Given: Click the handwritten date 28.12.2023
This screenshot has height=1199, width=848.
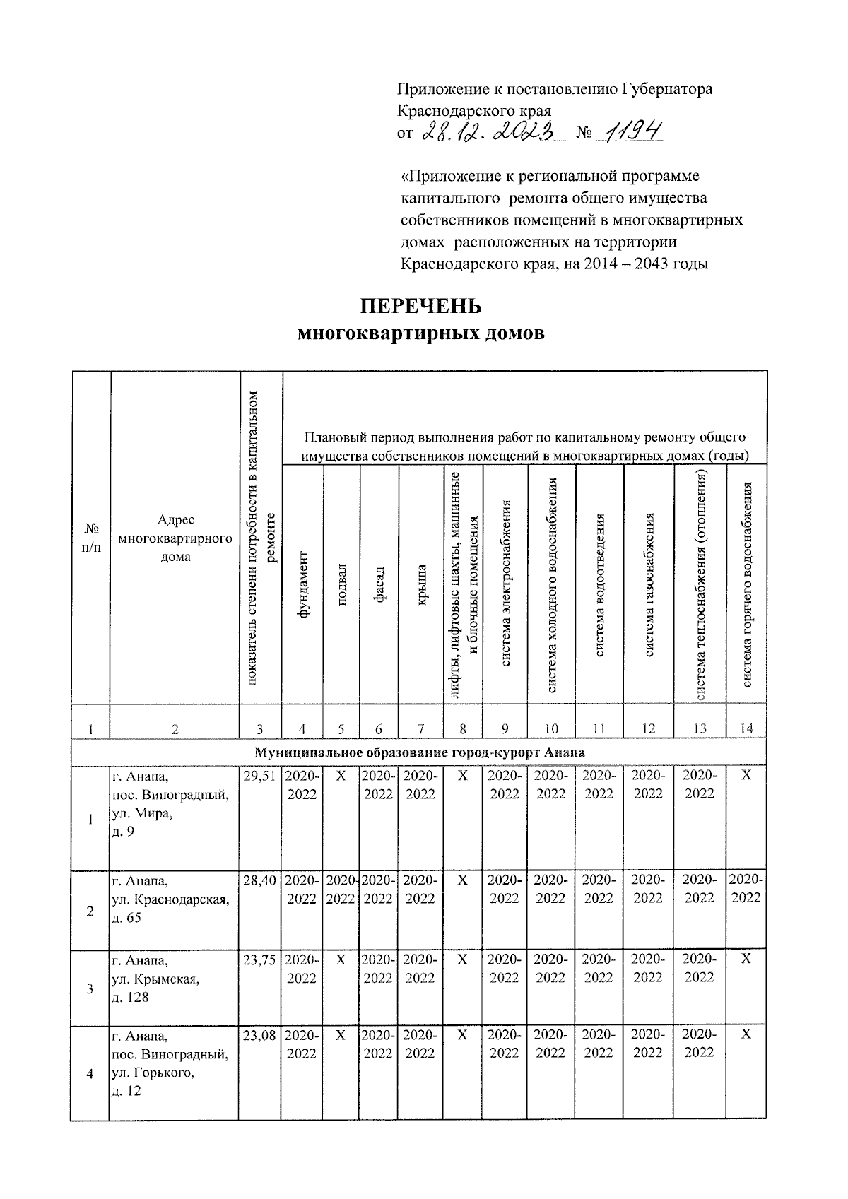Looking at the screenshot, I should [494, 131].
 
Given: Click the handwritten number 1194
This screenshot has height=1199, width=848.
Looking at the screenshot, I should [630, 131].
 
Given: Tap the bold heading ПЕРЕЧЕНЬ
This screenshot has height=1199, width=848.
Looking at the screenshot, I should [421, 307].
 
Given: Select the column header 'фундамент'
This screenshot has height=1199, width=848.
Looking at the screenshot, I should [302, 584].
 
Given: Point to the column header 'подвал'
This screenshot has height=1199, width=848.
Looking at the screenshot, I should [342, 584].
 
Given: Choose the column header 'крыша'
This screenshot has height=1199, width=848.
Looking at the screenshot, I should [420, 584].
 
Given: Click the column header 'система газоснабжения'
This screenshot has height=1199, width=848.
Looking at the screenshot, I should [649, 584].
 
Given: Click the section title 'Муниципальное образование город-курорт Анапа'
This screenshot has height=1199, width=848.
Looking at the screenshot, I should [419, 752].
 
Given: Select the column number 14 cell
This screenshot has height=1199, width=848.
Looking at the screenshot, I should [746, 729].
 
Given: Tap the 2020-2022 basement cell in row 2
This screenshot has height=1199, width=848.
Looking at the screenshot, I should [341, 890].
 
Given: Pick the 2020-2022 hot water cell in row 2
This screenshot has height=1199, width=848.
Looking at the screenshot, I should [746, 889].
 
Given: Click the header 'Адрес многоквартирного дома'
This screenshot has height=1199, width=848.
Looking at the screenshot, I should [175, 538].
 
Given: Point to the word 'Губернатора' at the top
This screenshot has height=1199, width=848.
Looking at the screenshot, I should [667, 89].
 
